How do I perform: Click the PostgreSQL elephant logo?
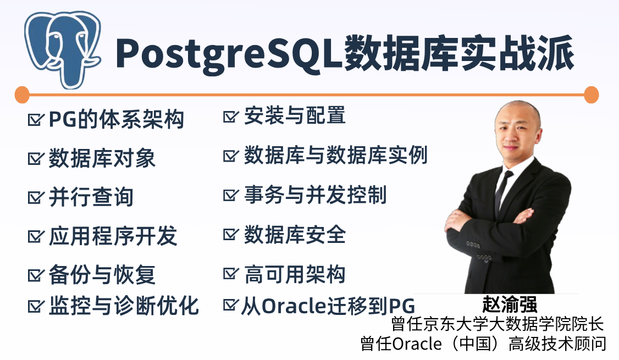[x=62, y=49]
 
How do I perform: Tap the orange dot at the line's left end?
[x=22, y=95]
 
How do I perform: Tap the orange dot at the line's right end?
[x=591, y=95]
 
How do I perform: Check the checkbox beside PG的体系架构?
[x=36, y=119]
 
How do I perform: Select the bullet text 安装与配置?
[x=295, y=115]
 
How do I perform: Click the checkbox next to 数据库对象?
[x=36, y=158]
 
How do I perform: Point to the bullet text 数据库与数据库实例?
[x=336, y=155]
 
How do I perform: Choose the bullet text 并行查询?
[x=91, y=197]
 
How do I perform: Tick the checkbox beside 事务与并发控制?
[x=231, y=195]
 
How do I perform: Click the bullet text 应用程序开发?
[x=113, y=236]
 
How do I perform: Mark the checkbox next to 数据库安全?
[x=231, y=234]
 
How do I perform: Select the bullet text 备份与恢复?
[x=102, y=274]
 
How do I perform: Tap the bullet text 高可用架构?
[x=295, y=274]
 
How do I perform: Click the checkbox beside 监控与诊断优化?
[x=36, y=306]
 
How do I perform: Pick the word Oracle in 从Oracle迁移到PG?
[x=294, y=306]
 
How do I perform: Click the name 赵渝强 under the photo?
[x=510, y=304]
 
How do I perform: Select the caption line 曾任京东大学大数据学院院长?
[x=498, y=324]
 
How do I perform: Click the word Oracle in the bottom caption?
[x=417, y=344]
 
